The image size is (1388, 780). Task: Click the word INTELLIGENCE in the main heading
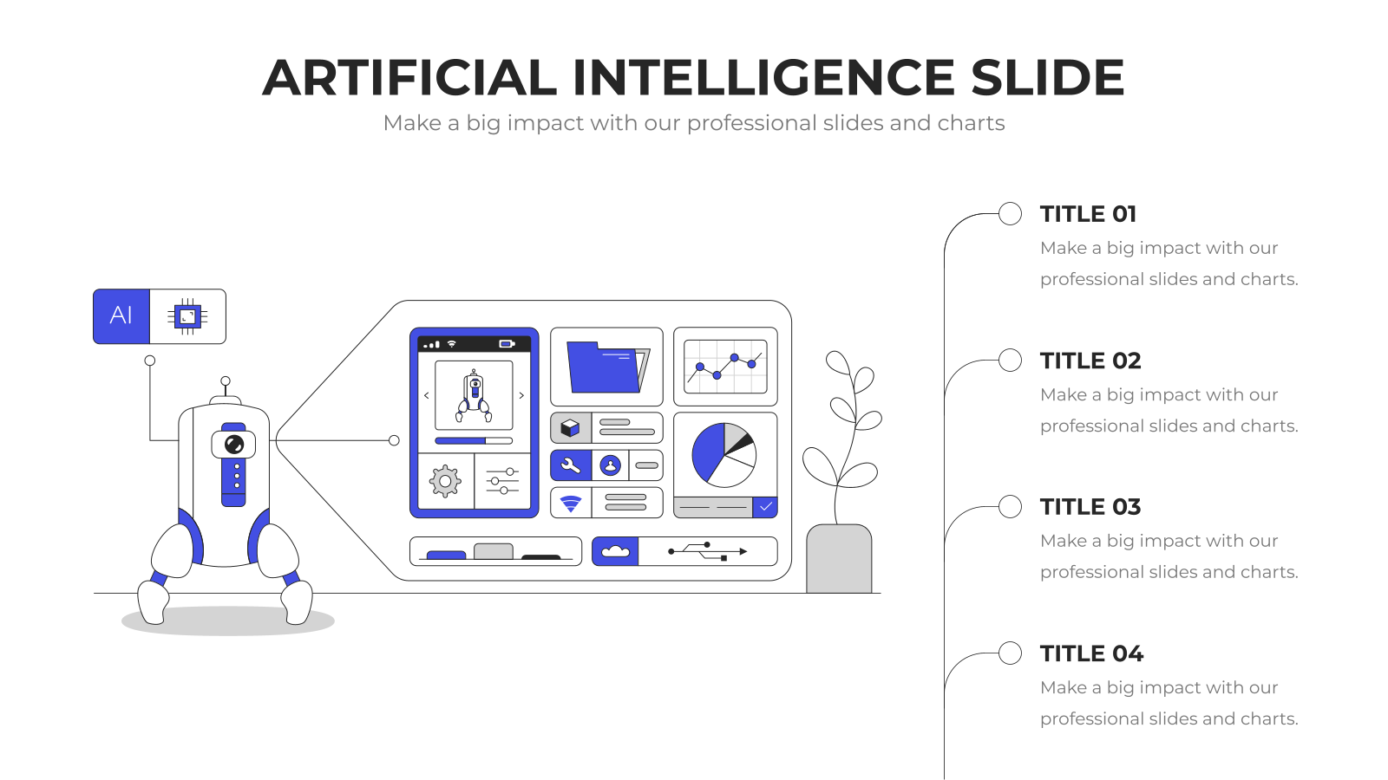[763, 78]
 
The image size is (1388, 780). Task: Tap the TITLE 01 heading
[1088, 214]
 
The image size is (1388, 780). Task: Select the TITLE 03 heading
[1090, 507]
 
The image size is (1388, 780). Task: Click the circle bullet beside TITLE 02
[1010, 361]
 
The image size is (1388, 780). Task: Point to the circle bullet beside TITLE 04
[1010, 653]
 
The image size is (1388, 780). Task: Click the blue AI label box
[121, 316]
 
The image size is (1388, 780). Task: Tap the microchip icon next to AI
[187, 317]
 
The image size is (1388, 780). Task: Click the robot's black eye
[233, 445]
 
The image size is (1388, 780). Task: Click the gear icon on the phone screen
[445, 481]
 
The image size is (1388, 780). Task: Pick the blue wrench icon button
[571, 465]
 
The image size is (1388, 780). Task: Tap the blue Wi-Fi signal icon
[571, 504]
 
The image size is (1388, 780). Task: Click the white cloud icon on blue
[615, 551]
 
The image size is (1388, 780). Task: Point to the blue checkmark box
[765, 507]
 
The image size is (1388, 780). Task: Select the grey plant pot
[839, 559]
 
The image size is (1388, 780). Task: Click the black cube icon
[570, 428]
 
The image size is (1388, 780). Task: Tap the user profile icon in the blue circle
[611, 465]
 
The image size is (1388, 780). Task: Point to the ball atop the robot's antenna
[226, 381]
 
